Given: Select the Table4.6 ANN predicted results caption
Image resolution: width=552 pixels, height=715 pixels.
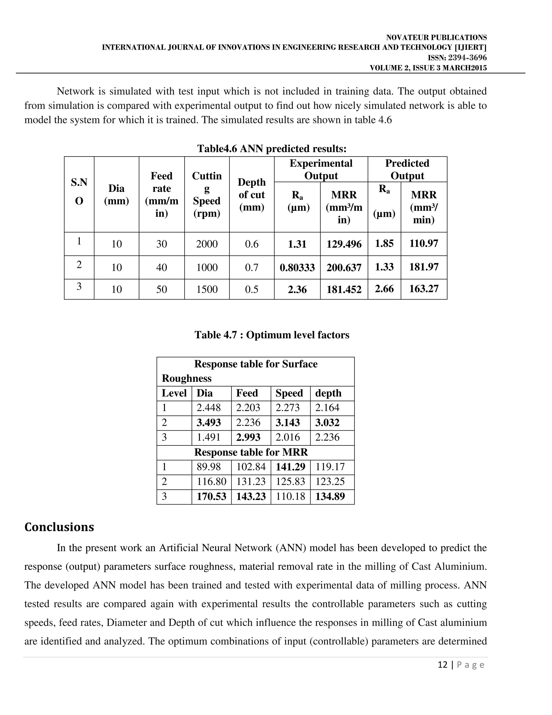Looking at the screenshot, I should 272,149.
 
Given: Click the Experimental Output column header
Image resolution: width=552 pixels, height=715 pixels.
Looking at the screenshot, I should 321,169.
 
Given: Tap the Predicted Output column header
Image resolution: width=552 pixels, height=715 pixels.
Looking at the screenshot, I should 407,169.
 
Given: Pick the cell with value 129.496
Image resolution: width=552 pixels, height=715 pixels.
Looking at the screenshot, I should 344,244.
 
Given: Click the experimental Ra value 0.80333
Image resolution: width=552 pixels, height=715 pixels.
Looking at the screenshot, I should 297,267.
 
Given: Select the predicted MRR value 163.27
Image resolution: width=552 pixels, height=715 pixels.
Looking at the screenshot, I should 423,289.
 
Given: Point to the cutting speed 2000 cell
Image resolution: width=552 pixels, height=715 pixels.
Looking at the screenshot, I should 207,244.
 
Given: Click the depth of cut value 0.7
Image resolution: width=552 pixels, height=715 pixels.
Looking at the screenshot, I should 251,267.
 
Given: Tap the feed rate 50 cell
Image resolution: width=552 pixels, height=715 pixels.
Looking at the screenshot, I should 161,289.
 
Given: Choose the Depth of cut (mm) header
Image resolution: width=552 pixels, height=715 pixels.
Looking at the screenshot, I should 251,195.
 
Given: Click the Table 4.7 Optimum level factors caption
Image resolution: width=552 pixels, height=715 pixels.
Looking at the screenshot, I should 272,335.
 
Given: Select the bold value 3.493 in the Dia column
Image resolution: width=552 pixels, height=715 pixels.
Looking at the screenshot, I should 209,422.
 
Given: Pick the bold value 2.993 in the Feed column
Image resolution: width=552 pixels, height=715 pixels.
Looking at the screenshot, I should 248,437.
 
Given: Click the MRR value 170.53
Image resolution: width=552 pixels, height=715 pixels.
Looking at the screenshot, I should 211,496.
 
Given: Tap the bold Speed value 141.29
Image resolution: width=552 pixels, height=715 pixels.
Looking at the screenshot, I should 290,467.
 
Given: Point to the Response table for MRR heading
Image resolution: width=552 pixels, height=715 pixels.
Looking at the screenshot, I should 251,452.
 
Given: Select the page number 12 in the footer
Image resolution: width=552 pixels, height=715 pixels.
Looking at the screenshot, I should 442,665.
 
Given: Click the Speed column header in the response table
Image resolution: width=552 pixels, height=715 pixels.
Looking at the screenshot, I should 289,393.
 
